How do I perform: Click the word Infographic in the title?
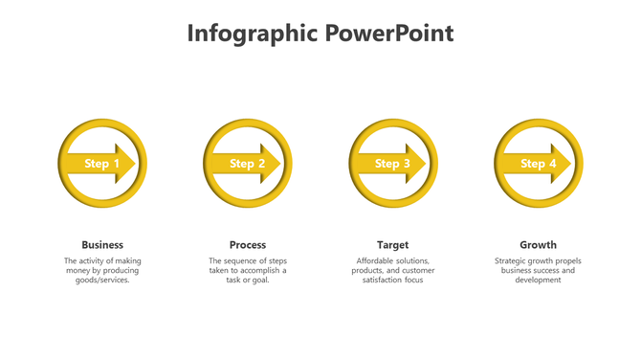pos(252,34)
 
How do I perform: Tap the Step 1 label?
pos(102,164)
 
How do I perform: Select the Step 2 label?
pos(248,164)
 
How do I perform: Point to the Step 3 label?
pos(392,164)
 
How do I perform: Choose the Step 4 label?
pos(538,164)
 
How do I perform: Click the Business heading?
pos(102,245)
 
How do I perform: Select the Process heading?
pos(248,245)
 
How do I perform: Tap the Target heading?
pos(392,245)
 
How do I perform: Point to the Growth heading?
pos(538,245)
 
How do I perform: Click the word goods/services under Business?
pos(102,281)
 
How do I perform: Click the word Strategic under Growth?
pos(512,261)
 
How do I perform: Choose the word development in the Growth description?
pos(538,281)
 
